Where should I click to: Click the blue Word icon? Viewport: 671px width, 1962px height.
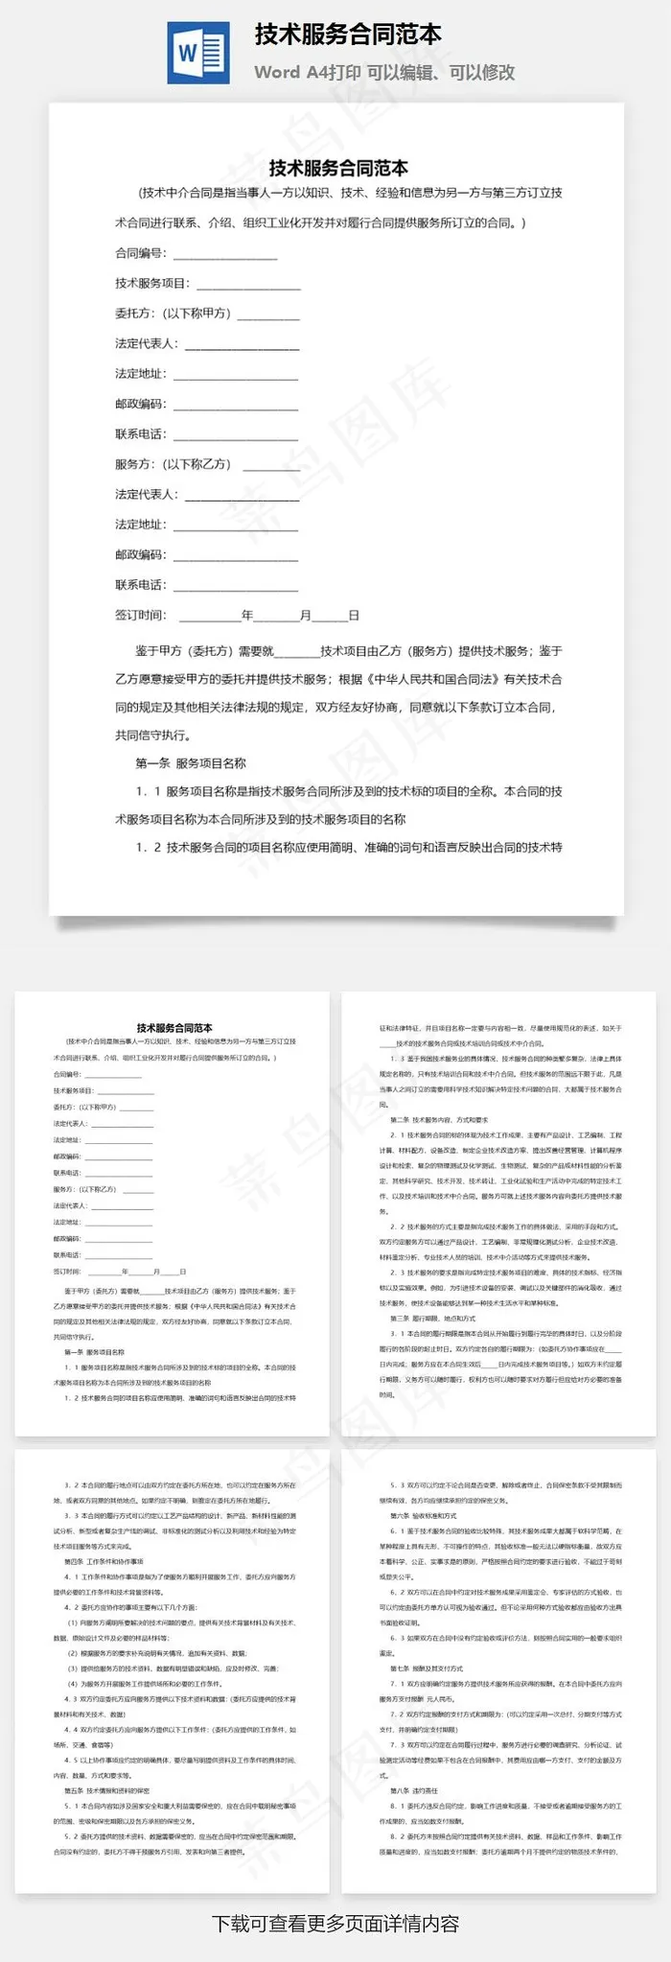[x=198, y=52]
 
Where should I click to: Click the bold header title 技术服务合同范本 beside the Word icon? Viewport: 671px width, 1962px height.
[x=348, y=35]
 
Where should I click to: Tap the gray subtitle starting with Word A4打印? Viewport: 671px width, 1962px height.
[x=384, y=72]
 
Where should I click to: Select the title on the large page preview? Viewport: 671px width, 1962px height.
[x=337, y=169]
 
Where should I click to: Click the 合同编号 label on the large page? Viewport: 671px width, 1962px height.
[x=140, y=253]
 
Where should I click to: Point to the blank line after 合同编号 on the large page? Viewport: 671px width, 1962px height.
[x=225, y=255]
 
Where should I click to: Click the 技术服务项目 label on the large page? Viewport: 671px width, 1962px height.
[x=152, y=284]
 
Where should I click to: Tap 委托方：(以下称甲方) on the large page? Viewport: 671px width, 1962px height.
[x=173, y=314]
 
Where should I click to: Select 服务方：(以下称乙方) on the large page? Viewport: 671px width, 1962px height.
[x=173, y=464]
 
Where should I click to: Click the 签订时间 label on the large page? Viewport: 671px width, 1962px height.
[x=140, y=616]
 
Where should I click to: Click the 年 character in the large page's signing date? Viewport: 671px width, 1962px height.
[x=247, y=616]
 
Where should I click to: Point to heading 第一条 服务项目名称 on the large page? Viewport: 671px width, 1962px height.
[x=191, y=763]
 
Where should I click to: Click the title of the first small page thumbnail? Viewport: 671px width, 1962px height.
[x=174, y=1027]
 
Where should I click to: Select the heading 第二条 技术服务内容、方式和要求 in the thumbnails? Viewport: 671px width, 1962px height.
[x=439, y=1119]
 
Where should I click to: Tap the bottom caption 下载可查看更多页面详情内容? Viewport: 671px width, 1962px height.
[x=335, y=1924]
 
